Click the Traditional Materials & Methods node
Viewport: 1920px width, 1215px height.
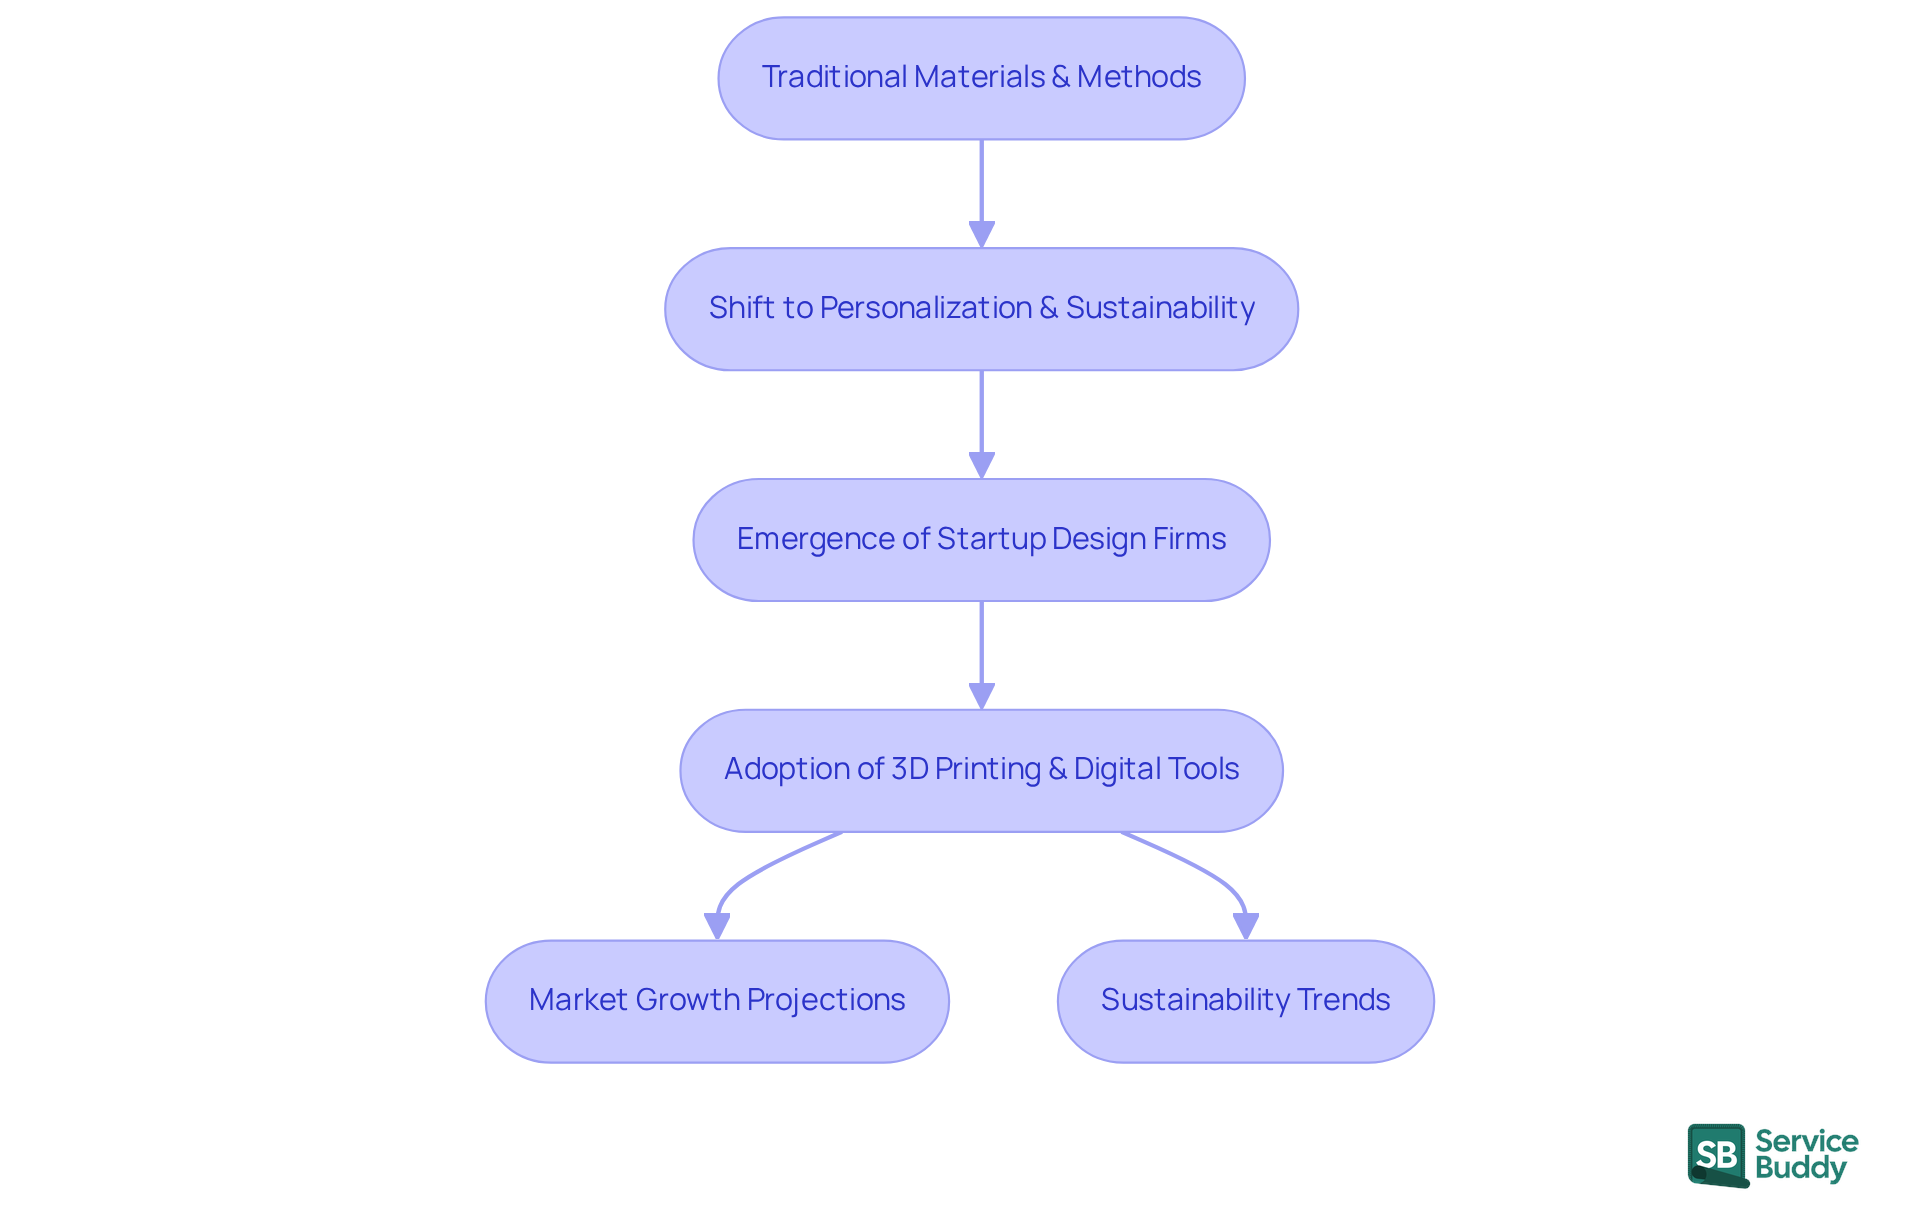[981, 78]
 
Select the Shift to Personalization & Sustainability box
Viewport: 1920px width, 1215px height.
[981, 309]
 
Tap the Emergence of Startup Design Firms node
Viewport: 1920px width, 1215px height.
[981, 540]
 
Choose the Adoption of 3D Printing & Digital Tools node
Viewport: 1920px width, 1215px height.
[981, 771]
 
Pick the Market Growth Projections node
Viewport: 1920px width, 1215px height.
[717, 1001]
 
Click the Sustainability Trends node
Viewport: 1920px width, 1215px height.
[1245, 1001]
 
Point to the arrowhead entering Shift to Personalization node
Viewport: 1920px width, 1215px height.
[981, 234]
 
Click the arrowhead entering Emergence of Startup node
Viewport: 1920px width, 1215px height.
[981, 465]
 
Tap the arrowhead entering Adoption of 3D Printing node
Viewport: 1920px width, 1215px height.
[981, 696]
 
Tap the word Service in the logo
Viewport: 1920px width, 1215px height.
[1806, 1141]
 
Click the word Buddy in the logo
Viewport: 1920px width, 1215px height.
[1800, 1168]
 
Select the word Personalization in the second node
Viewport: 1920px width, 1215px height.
[925, 308]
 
